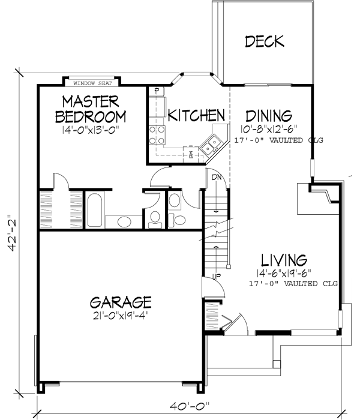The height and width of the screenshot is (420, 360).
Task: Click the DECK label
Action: (x=265, y=41)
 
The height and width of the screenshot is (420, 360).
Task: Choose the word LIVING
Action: (x=284, y=260)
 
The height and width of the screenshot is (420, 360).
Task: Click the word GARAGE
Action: (x=121, y=301)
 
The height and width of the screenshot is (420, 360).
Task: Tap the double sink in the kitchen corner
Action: (x=211, y=143)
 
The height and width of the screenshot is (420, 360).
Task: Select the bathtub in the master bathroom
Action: (x=94, y=209)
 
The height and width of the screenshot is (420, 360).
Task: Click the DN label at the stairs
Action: (x=217, y=176)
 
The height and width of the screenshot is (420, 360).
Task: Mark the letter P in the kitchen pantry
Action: (x=156, y=91)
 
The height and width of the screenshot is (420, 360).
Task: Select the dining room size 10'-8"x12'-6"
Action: (x=269, y=128)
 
